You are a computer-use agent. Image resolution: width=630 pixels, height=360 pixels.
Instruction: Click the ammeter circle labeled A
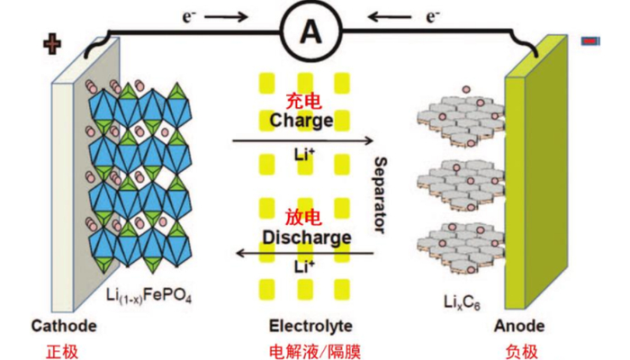pyautogui.click(x=310, y=32)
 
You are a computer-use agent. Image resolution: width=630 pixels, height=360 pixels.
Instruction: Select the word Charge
pyautogui.click(x=301, y=120)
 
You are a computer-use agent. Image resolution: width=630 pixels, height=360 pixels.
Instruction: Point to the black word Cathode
pyautogui.click(x=60, y=325)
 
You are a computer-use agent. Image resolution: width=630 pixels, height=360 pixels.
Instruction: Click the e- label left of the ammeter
pyautogui.click(x=213, y=16)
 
